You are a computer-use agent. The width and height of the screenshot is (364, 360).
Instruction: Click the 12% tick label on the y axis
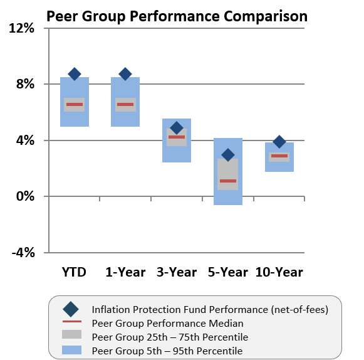tap(22, 28)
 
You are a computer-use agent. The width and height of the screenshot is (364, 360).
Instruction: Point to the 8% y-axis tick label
tap(26, 84)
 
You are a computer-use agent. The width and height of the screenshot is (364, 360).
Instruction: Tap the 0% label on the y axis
tap(26, 196)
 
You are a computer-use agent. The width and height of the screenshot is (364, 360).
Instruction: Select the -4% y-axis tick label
tap(23, 252)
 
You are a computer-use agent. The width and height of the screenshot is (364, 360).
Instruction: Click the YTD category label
tap(74, 272)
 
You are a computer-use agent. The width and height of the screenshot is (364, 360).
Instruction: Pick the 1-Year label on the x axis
tap(125, 272)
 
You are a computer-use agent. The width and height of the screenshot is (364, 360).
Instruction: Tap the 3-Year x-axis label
tap(177, 272)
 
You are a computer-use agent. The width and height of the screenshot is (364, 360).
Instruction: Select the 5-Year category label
tap(228, 272)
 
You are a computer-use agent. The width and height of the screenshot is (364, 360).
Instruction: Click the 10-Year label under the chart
tap(279, 272)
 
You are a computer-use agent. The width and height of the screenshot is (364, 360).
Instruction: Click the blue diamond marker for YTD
tap(75, 74)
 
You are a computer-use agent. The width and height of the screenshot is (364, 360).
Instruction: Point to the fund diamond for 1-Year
tap(125, 74)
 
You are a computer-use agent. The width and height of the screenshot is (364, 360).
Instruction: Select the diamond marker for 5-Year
tap(228, 154)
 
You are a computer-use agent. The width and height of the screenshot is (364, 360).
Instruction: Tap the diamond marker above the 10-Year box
tap(279, 142)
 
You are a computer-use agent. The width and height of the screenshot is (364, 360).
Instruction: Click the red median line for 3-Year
tap(177, 137)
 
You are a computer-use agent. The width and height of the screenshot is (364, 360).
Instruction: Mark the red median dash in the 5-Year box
tap(228, 181)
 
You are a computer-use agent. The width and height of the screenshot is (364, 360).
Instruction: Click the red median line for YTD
tap(75, 104)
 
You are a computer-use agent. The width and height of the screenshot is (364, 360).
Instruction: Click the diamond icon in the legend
tap(71, 309)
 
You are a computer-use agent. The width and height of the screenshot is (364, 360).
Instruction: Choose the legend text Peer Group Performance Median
tap(167, 324)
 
